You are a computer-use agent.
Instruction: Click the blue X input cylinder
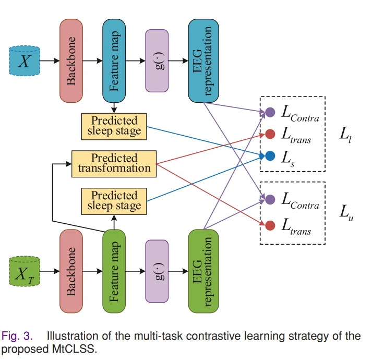[25, 61]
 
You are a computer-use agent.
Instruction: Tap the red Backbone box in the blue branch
[72, 61]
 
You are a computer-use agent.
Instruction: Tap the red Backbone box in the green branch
[72, 271]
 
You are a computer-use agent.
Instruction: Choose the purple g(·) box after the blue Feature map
[159, 61]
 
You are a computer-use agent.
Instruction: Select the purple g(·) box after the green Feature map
[159, 271]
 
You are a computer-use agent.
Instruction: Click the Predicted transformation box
[114, 163]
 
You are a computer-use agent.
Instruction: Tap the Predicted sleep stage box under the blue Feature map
[114, 126]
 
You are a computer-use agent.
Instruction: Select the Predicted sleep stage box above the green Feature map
[114, 201]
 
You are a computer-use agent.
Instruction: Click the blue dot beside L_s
[270, 155]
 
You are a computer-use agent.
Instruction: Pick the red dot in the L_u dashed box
[270, 226]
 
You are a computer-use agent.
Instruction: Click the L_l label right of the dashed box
[346, 135]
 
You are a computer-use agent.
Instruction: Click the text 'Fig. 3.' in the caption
[18, 336]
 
